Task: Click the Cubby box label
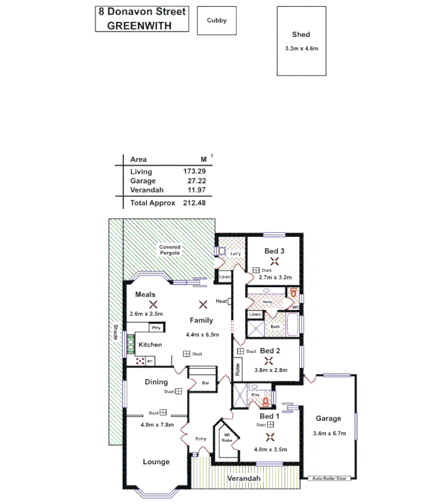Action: tap(217, 20)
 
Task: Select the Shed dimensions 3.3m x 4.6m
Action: tap(301, 49)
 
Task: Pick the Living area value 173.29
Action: tap(195, 171)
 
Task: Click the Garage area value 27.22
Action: tap(195, 180)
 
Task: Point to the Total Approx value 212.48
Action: tap(194, 203)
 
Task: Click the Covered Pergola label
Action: tap(169, 250)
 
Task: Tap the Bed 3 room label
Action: tap(274, 251)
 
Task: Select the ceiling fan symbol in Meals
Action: tap(152, 304)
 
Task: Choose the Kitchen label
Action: tap(151, 345)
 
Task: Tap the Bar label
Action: tap(205, 382)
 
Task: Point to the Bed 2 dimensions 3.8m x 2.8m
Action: tap(270, 370)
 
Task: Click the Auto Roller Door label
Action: tap(329, 478)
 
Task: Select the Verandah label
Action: tap(244, 479)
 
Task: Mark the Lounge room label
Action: tap(156, 462)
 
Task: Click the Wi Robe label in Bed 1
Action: tap(226, 437)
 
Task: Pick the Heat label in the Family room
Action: tap(221, 301)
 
